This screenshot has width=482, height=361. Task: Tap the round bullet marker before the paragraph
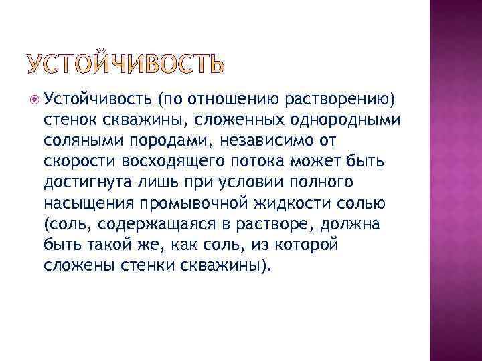(35, 100)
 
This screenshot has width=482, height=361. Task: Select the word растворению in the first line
(341, 100)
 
